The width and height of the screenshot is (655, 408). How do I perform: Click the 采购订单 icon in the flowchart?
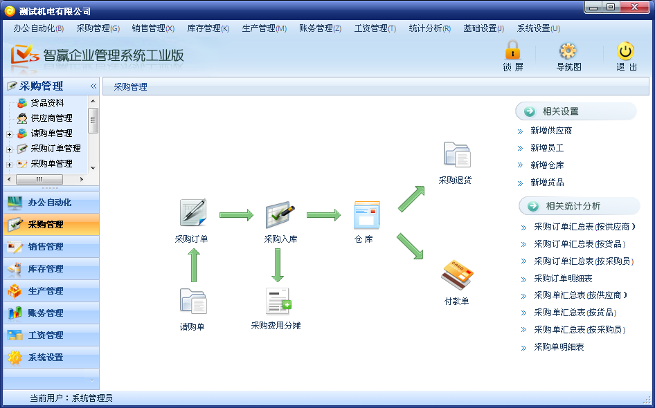coord(192,213)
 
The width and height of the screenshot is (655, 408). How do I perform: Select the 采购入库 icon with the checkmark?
coord(280,215)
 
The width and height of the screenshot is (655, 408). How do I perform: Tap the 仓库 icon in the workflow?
coord(366,215)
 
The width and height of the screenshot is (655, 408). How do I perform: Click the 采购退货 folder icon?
coord(456,155)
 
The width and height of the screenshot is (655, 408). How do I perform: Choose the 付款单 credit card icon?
coord(456,275)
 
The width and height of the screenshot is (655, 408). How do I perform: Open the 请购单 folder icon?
coord(193,302)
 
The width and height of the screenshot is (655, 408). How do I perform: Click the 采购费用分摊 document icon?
coord(278,302)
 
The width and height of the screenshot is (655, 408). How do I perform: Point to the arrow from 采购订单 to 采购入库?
coord(236,216)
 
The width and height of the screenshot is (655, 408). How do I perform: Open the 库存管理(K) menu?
coord(208,28)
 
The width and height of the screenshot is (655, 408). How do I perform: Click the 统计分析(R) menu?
coord(429,28)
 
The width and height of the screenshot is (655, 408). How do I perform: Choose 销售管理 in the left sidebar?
coord(46,247)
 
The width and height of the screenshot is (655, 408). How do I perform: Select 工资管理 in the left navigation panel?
coord(46,335)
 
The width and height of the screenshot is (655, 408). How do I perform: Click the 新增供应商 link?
coord(551,131)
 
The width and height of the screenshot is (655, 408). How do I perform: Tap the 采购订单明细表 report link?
coord(563,279)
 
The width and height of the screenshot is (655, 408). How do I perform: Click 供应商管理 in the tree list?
coord(51,118)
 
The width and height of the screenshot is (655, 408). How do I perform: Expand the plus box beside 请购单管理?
coord(9,134)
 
